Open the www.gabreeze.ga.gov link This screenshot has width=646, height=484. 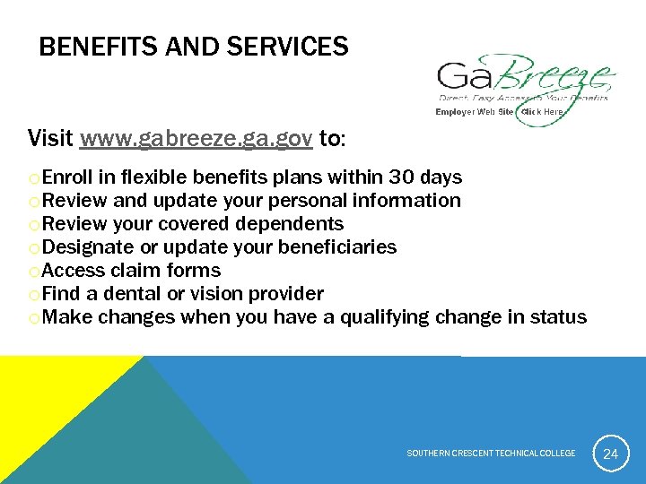pos(196,139)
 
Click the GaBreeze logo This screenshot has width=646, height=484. pos(524,81)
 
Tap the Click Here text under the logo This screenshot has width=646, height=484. pos(542,112)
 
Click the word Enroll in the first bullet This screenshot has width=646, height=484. pos(68,177)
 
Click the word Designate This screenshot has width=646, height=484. pos(87,246)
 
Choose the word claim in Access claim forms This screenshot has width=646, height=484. pos(137,270)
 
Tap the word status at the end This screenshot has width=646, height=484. pos(558,316)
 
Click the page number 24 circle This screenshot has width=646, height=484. pos(610,454)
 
